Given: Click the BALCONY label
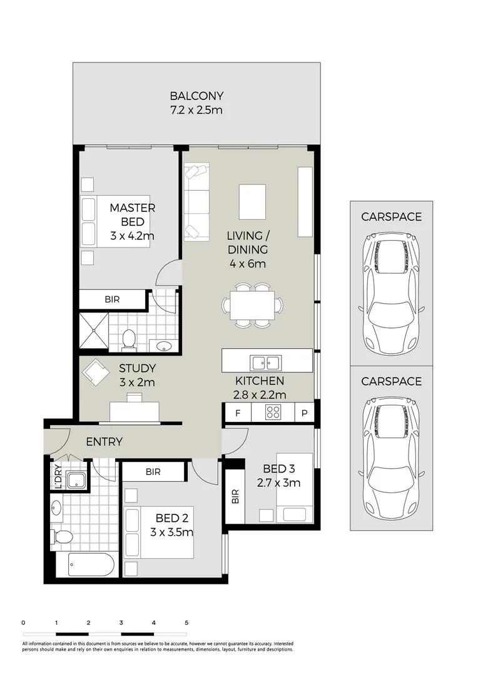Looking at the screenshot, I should coord(196,96).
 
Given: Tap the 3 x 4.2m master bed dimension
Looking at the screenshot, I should coord(132,236).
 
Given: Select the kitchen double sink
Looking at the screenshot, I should coord(266,362).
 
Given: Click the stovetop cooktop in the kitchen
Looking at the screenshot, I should coord(273,412).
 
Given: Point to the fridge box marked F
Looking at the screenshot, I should coord(237,412).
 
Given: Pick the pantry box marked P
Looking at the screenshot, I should coord(304,412).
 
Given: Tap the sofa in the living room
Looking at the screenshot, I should coord(196,202).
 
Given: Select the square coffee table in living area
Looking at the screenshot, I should coord(252,201).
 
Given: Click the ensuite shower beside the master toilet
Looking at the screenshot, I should coord(93,331).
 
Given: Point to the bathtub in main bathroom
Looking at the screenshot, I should coord(85,564).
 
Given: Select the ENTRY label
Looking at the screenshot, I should coord(104,442).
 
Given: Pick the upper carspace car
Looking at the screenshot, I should coord(391,292).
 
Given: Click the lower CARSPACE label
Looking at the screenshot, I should coord(391,381).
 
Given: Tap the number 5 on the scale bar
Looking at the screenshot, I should coord(186,622).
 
